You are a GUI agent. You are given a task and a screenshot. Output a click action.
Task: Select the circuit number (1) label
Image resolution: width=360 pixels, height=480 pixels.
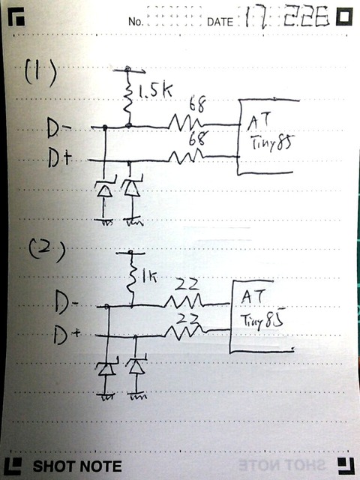pos(37,73)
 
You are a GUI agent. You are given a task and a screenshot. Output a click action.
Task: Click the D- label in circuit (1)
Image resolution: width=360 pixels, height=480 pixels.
pos(59,130)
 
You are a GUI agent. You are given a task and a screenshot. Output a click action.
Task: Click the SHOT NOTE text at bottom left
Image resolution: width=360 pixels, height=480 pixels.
pos(76,466)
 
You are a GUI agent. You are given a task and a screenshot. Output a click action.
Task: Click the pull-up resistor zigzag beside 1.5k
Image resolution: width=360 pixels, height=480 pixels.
pos(128,95)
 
